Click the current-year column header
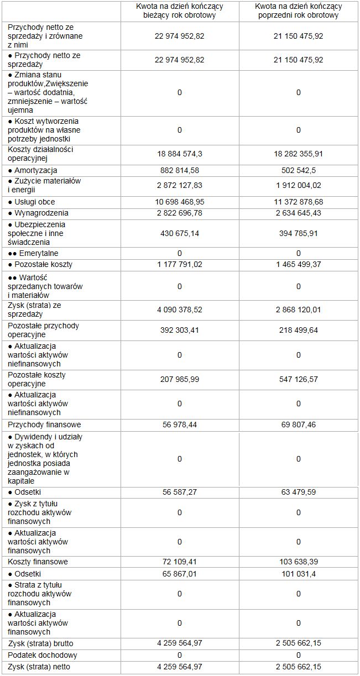(x=180, y=11)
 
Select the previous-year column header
(x=299, y=11)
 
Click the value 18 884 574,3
(x=180, y=154)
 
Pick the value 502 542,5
(x=299, y=170)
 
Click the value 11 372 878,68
(x=299, y=202)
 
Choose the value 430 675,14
(x=180, y=233)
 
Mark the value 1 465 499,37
(x=299, y=264)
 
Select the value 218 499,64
(x=299, y=331)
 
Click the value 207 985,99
(x=180, y=379)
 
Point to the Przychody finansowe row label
(x=44, y=425)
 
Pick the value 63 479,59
(x=299, y=492)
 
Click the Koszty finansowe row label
(x=38, y=562)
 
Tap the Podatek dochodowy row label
(x=43, y=655)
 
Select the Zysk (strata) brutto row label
(x=41, y=643)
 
